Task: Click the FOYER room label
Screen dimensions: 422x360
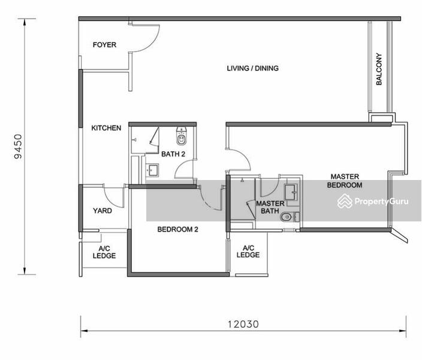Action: [104, 45]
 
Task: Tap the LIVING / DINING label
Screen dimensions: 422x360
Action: [252, 68]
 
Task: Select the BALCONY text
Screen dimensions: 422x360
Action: [379, 69]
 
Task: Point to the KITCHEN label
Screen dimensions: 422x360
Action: [106, 128]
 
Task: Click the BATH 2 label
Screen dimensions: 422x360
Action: [173, 154]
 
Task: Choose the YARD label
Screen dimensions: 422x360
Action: [103, 211]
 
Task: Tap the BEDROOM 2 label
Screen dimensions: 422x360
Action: [177, 229]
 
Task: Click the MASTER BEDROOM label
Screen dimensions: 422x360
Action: [345, 181]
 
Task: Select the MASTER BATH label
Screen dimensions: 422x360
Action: [270, 207]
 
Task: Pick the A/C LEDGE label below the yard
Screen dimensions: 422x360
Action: [104, 252]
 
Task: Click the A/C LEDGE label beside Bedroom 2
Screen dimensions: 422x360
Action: [248, 251]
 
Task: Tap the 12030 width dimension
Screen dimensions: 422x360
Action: [243, 324]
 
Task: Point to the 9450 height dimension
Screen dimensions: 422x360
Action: [19, 146]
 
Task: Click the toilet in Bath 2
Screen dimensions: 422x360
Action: [181, 136]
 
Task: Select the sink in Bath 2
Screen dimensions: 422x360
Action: [152, 170]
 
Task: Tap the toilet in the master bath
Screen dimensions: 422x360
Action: [287, 217]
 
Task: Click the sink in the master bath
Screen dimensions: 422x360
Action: [291, 192]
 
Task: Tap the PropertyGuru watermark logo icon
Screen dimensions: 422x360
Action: [345, 201]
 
